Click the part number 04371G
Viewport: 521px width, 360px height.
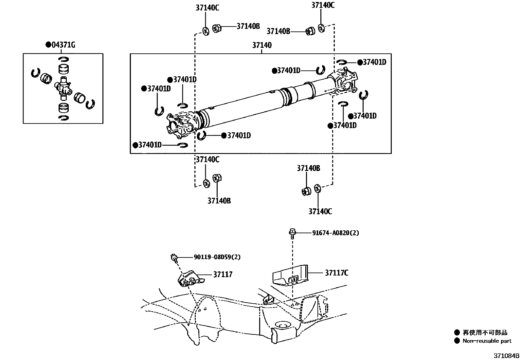[x=63, y=45]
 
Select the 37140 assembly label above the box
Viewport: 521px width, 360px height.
[x=262, y=45]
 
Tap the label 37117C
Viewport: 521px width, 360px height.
[x=336, y=273]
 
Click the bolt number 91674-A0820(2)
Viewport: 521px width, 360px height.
[x=335, y=233]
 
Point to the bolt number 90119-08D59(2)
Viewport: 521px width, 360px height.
[x=217, y=257]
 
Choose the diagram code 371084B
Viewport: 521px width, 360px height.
[x=507, y=356]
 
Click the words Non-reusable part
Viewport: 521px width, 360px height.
[x=487, y=341]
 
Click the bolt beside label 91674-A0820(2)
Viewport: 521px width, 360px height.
[x=292, y=234]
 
